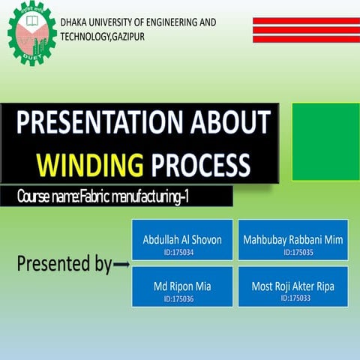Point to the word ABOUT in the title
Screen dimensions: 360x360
click(x=229, y=123)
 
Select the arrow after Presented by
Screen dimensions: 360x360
click(x=121, y=265)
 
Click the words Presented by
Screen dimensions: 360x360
click(x=64, y=264)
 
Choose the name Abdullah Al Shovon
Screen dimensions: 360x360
click(x=182, y=240)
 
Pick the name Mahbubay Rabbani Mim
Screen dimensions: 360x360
click(x=293, y=240)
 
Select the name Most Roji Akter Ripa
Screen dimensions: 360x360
click(x=293, y=286)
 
